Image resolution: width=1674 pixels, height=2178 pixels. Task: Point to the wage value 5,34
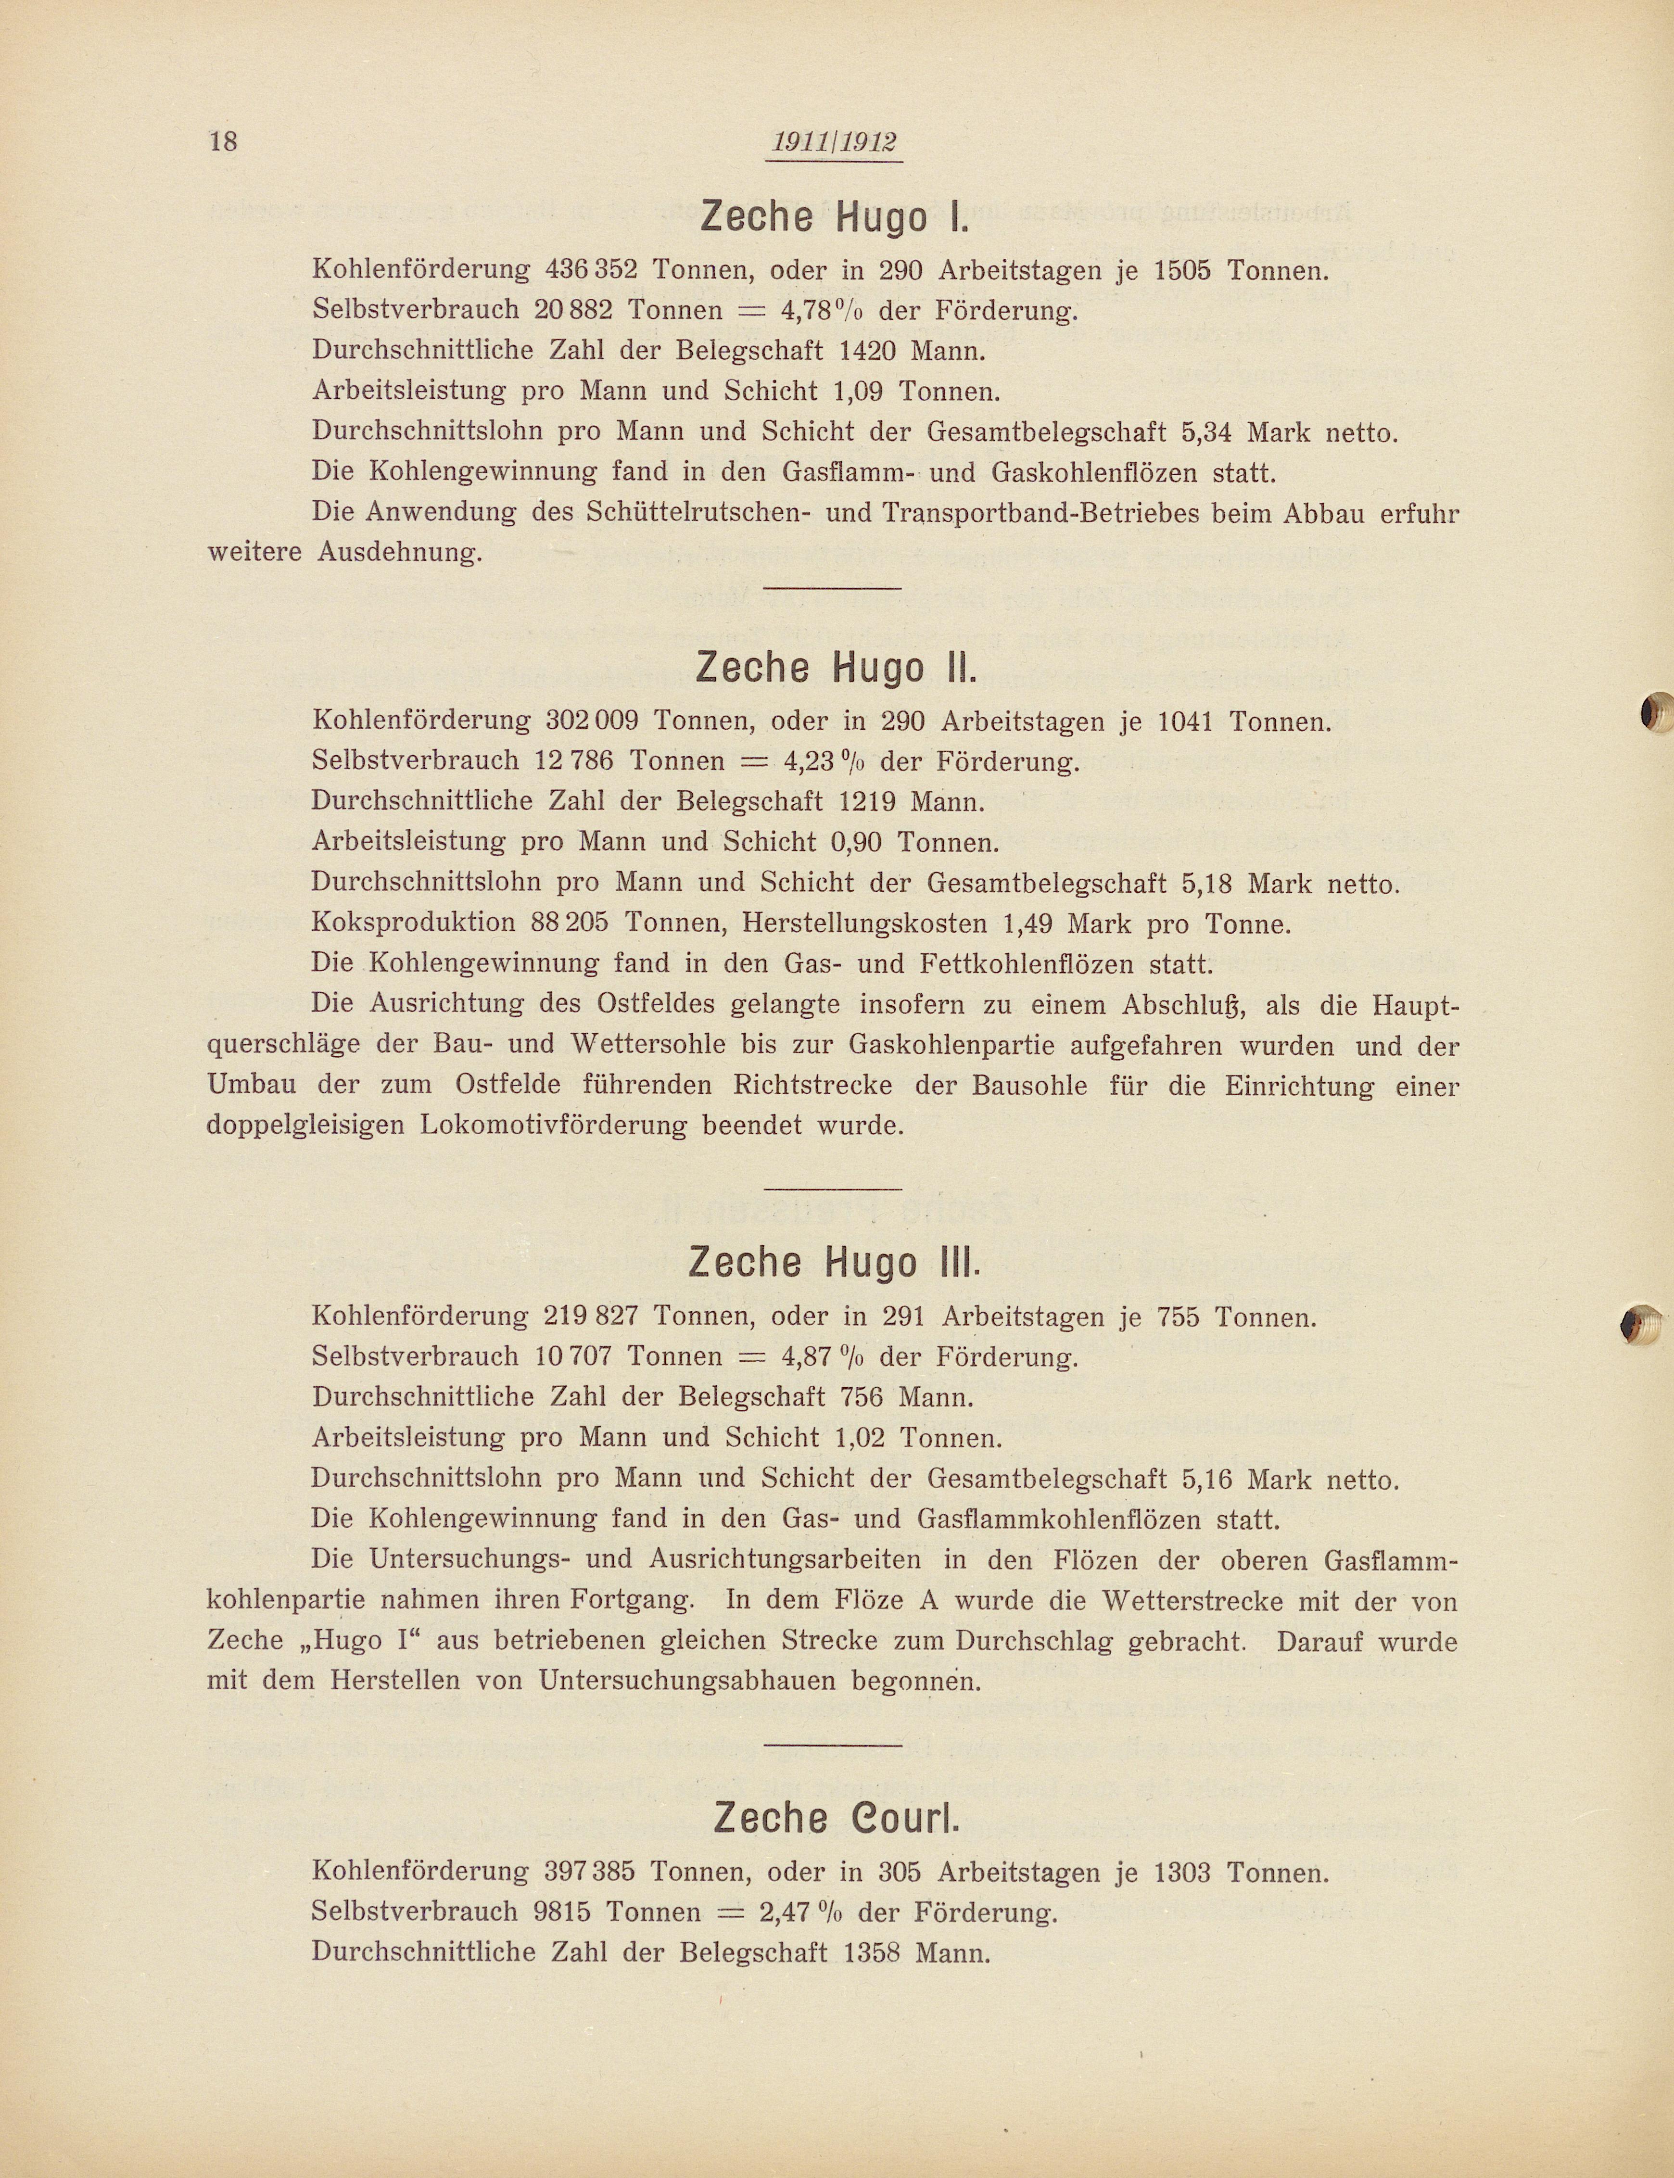(1209, 432)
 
